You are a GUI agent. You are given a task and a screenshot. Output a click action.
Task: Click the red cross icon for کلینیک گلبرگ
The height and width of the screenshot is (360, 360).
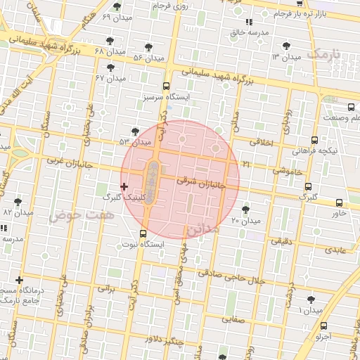coord(124,186)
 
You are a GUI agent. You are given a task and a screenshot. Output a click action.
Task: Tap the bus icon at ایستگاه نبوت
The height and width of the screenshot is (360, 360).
coord(143,233)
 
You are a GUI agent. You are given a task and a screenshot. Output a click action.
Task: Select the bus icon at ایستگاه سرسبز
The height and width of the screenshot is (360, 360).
coord(166,86)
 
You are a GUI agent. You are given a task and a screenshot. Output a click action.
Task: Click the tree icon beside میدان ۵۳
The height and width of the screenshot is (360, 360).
coord(135,131)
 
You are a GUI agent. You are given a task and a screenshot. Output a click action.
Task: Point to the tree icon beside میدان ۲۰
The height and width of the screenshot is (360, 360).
coord(245,209)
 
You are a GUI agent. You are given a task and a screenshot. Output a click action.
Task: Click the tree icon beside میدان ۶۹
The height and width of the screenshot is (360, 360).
coord(116,6)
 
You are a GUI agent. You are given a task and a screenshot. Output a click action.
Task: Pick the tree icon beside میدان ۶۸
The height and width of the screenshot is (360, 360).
coord(109,41)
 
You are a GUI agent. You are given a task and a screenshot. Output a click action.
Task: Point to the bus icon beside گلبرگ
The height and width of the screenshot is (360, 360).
coord(308,186)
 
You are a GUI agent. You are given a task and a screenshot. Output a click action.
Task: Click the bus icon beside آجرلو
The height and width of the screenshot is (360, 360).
coord(323,326)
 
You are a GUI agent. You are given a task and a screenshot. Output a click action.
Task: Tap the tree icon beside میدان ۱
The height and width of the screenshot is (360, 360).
coord(311,300)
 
